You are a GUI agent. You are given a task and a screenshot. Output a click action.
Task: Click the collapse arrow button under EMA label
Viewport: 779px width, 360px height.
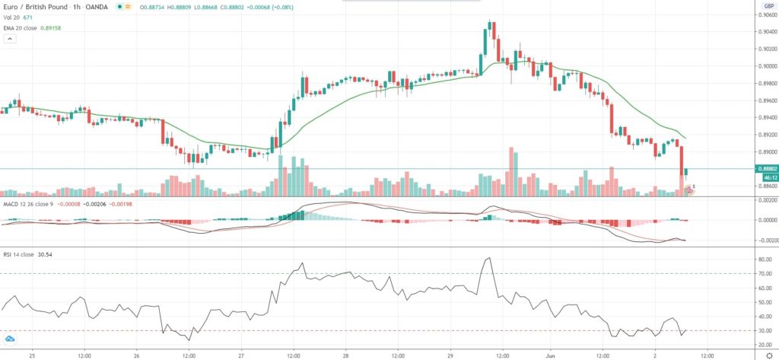tap(9, 40)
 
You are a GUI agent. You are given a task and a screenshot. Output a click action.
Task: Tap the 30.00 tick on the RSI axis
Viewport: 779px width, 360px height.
tap(763, 330)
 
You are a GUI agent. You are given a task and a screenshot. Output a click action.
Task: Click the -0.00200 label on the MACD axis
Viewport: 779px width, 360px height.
tap(763, 241)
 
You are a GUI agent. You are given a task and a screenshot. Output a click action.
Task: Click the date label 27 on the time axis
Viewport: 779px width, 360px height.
tap(240, 354)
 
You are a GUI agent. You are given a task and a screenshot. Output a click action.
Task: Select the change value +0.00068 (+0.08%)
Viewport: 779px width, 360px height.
tap(293, 6)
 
